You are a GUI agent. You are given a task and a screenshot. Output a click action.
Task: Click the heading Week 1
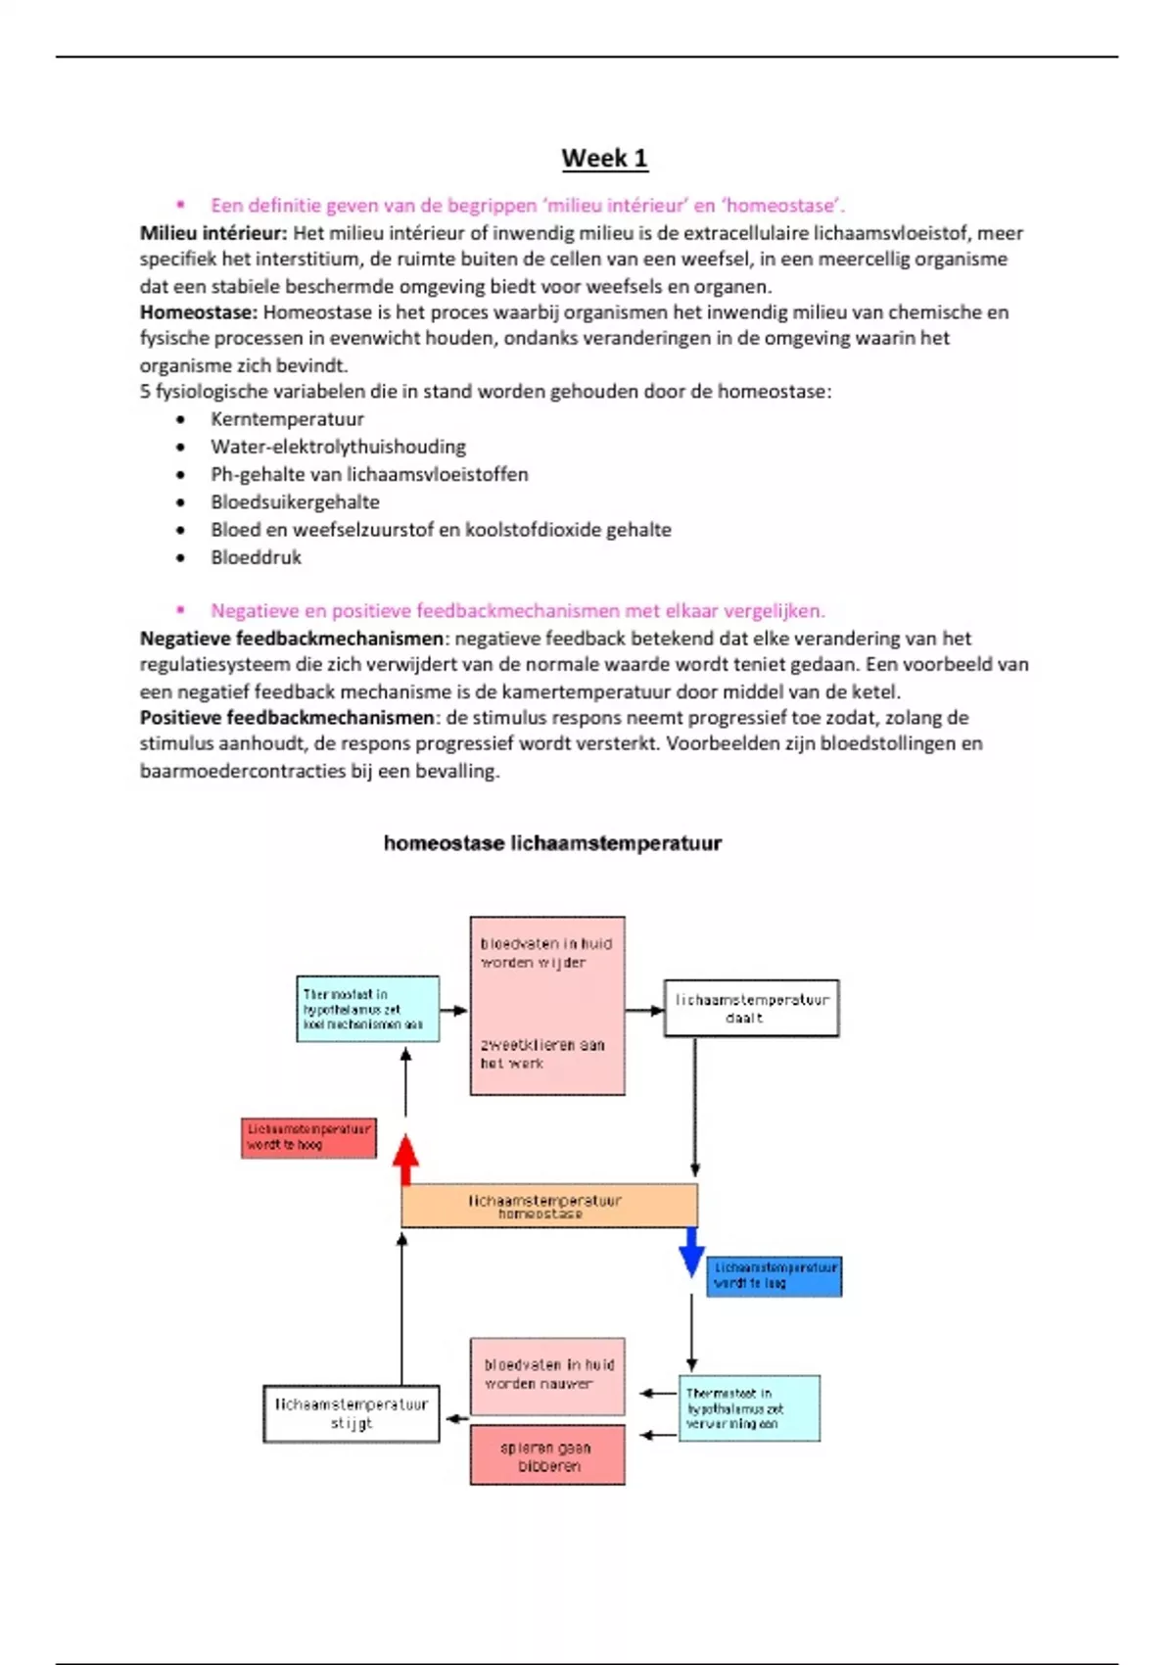click(604, 159)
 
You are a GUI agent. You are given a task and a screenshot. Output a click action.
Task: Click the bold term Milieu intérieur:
click(213, 233)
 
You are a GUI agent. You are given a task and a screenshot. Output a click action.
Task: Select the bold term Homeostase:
click(199, 312)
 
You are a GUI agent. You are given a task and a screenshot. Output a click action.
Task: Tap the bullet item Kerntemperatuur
click(287, 419)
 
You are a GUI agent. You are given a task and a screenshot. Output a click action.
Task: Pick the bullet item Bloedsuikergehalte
click(295, 502)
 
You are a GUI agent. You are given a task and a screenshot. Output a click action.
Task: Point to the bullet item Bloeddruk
click(256, 557)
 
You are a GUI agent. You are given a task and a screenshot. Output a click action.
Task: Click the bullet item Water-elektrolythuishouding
click(338, 447)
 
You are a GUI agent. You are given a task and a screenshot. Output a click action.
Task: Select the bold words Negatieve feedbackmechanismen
click(292, 639)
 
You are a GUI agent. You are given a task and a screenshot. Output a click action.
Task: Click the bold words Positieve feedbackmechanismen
click(287, 718)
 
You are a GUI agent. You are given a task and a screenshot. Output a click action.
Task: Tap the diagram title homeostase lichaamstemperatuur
click(552, 843)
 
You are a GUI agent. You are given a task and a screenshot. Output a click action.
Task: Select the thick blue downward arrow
click(692, 1251)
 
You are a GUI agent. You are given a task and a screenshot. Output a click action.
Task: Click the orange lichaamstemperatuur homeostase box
click(549, 1206)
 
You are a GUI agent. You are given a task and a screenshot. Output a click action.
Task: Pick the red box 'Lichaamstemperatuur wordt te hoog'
click(308, 1138)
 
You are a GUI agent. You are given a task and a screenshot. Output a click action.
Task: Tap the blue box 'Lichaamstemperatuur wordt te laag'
click(774, 1276)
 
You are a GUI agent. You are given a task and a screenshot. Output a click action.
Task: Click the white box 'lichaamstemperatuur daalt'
click(751, 1008)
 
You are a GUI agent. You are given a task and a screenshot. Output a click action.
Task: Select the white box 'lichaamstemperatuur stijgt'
click(351, 1413)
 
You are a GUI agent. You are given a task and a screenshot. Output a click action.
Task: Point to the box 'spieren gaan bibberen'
click(546, 1455)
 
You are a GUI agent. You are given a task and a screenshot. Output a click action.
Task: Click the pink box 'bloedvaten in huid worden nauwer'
click(546, 1375)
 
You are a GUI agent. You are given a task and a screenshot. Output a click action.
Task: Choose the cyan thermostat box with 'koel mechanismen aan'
click(367, 1009)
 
